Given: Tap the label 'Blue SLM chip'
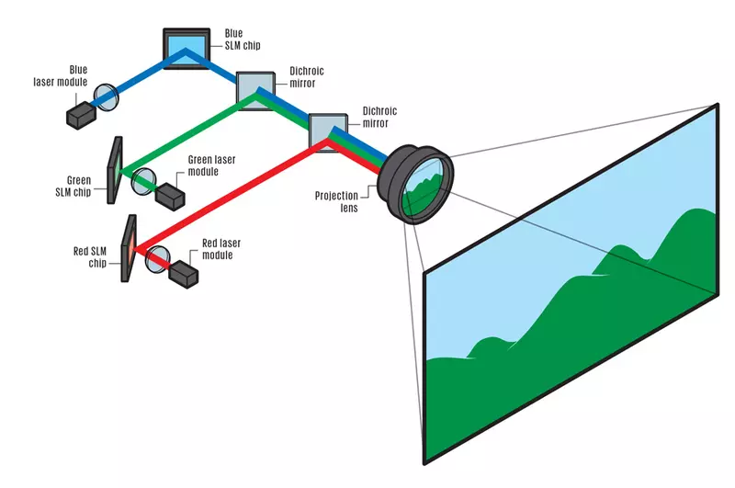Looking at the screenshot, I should (242, 40).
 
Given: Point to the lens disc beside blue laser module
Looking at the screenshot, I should (107, 96).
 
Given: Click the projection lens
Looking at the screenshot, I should (422, 182).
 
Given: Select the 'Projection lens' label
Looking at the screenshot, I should (342, 202).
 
